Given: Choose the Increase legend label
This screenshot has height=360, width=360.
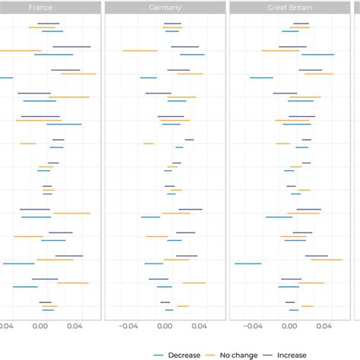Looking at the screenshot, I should point(292,354).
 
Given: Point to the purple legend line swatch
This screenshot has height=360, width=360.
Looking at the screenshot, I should point(267,354).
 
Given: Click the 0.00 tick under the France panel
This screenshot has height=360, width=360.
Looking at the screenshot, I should point(40,327).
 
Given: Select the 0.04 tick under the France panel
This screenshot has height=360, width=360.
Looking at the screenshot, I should point(74,327).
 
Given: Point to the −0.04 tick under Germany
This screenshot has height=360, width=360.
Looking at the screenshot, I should point(128,327).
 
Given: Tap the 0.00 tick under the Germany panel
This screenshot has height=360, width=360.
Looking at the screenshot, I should point(164,327).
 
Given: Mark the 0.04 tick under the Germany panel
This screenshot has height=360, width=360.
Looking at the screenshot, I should point(199,327).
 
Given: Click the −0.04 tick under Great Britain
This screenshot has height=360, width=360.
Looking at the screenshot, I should point(252,327).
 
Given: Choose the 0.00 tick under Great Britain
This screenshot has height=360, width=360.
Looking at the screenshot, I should point(289,327).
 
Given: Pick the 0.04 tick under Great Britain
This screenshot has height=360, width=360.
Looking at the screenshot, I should point(324,327).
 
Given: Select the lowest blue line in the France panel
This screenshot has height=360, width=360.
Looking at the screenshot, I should point(48,310).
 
